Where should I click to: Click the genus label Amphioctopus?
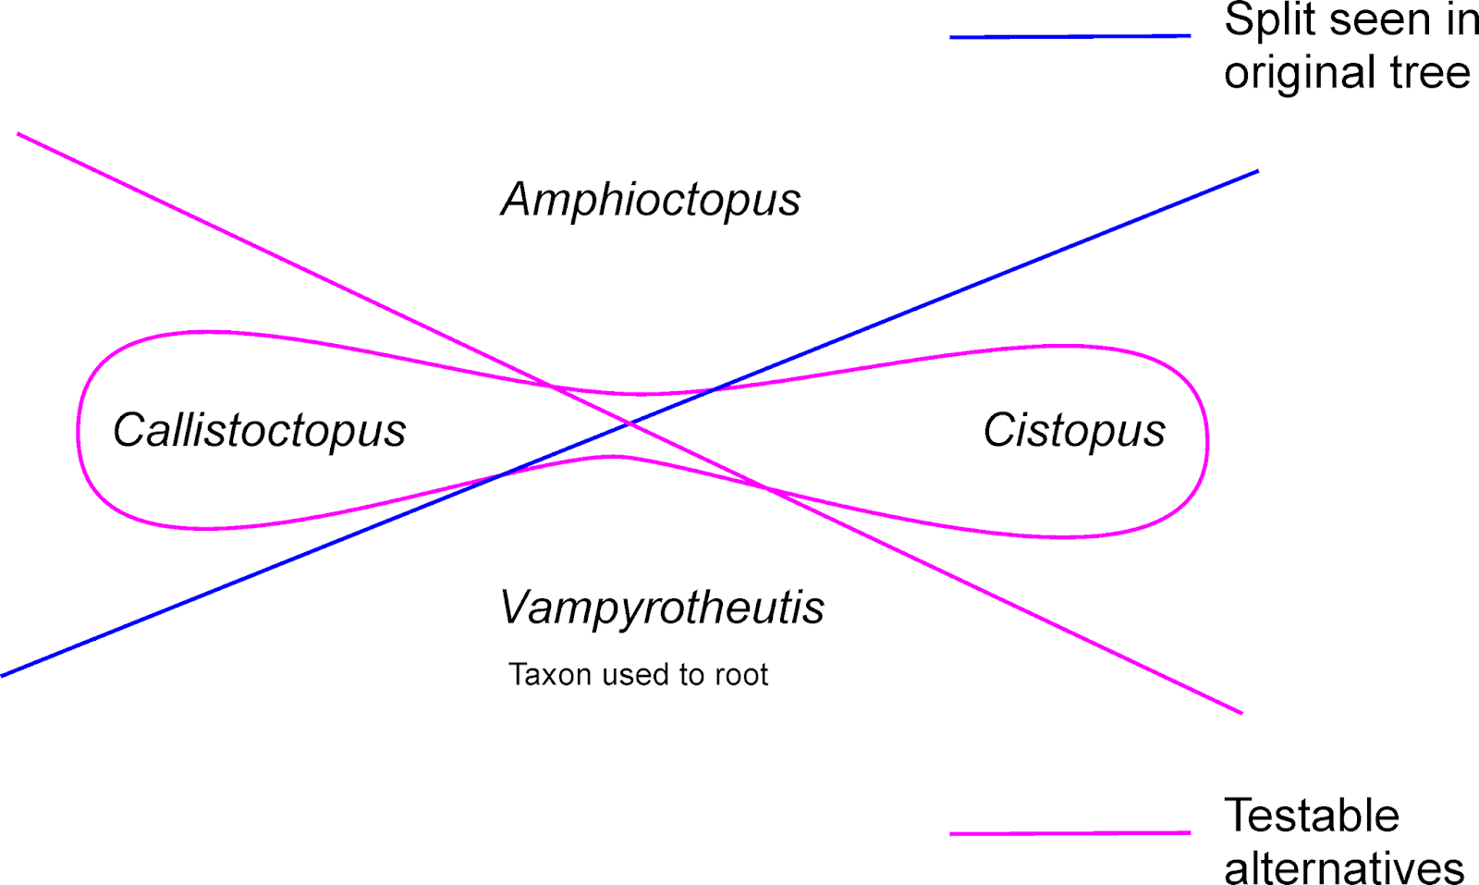(651, 200)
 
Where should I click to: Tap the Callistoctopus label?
(259, 431)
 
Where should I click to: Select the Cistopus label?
(1074, 431)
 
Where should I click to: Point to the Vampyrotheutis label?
(662, 608)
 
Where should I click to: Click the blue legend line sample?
(1070, 36)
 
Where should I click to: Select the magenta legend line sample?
(1070, 833)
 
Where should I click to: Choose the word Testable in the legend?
(1312, 816)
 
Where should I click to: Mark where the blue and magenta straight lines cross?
(630, 424)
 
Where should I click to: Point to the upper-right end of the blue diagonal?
(1257, 171)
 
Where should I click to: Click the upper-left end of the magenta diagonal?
(18, 135)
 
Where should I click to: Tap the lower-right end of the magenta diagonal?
(1241, 713)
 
